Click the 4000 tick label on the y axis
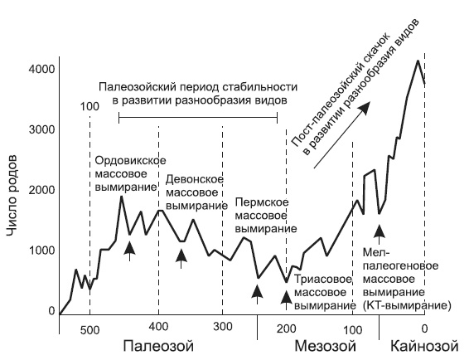coord(41,69)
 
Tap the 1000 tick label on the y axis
coord(41,251)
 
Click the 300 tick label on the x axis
coord(221,326)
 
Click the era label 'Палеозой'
coord(157,344)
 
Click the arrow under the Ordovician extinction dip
coord(129,247)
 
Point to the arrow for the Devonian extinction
coord(182,258)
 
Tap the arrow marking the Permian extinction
coord(257,292)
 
